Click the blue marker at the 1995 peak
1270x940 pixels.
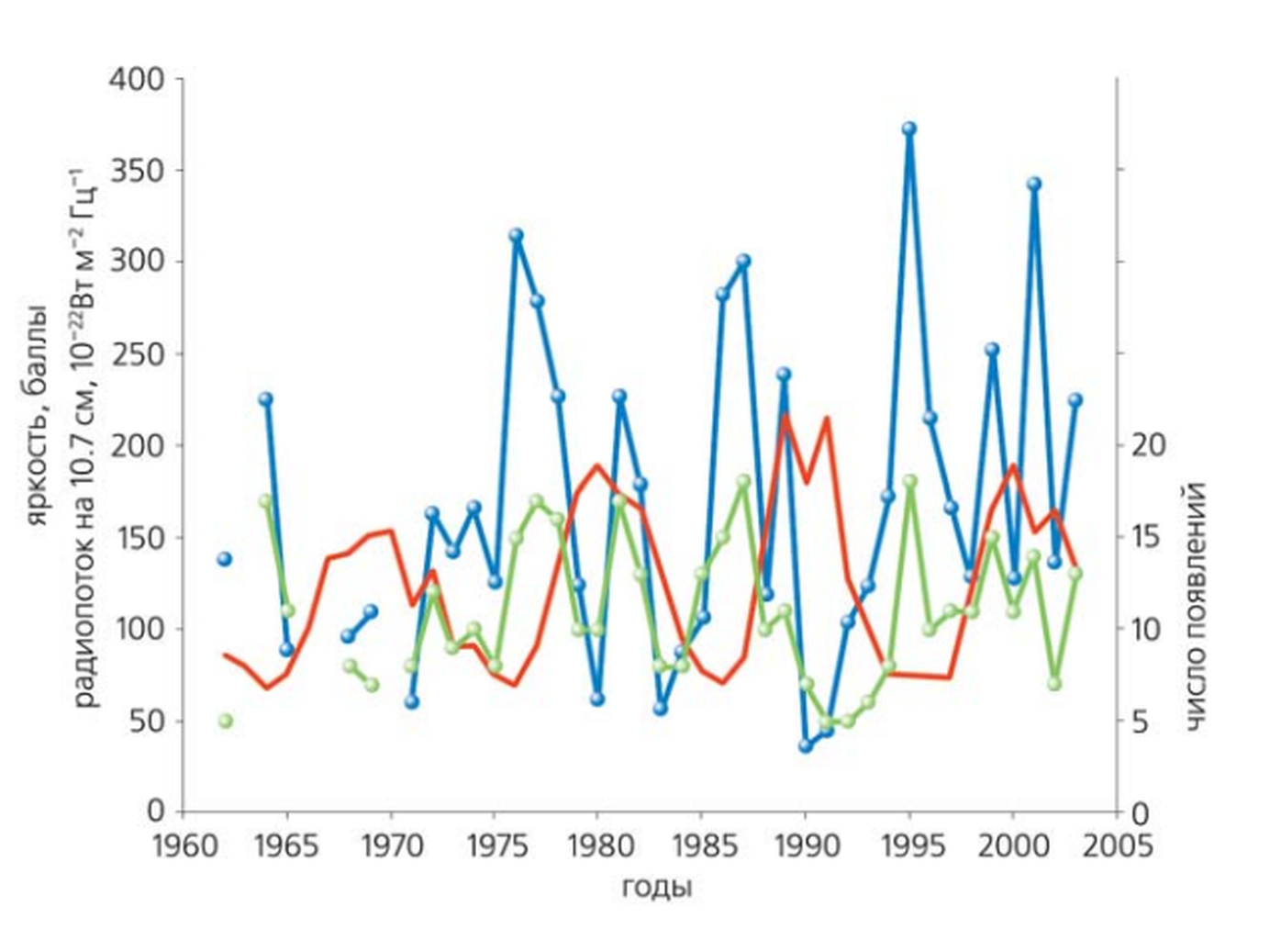909,129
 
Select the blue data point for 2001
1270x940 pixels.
1034,184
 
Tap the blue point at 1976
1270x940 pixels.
516,236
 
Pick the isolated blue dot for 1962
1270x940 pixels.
225,559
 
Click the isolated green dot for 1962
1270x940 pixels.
225,721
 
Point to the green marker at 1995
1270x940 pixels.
909,482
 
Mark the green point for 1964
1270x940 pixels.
266,501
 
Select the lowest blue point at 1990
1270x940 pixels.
806,746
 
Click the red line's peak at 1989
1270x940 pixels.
785,418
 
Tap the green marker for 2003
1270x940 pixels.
1075,574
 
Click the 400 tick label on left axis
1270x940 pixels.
137,79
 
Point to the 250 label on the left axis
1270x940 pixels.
137,353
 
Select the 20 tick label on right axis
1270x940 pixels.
1147,445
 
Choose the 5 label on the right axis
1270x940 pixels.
1139,722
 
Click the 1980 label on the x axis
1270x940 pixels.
596,845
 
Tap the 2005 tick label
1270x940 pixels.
1116,845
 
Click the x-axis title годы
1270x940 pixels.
656,887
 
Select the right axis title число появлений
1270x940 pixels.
1195,606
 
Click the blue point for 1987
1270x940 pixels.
743,262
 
